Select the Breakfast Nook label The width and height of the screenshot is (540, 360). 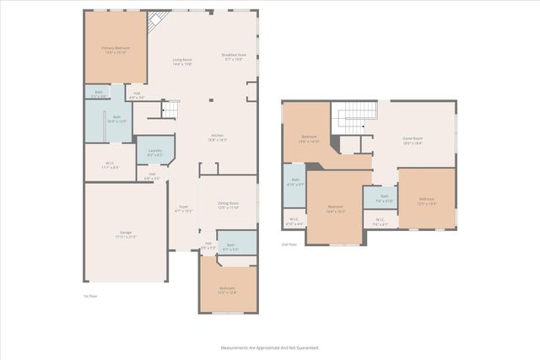point(233,57)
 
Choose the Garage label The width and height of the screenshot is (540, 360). point(125,234)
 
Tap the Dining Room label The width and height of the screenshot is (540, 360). point(229,205)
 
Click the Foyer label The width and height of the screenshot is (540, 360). point(182,209)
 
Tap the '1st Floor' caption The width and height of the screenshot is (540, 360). point(90,296)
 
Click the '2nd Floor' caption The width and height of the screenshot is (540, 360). point(289,245)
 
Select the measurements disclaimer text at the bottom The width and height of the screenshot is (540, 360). point(270,347)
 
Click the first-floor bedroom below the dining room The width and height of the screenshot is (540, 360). point(227,289)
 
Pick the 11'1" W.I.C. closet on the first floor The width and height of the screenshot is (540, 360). point(110,165)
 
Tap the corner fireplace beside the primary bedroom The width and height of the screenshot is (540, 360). point(155,22)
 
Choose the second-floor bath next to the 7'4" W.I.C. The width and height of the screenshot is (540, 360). point(379,200)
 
